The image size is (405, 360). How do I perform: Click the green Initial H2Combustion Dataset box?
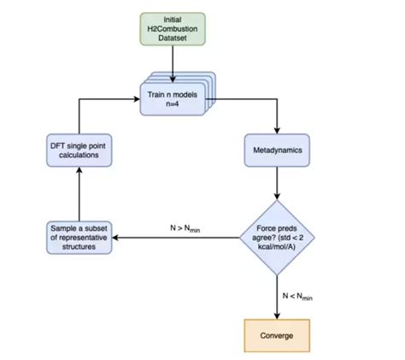[173, 29]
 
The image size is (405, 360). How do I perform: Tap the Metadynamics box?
[277, 150]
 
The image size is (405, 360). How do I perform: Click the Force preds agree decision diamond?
[277, 235]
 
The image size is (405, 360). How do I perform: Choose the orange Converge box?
[277, 335]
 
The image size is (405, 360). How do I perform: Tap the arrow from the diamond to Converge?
[277, 295]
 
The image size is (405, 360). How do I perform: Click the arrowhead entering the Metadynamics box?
[277, 129]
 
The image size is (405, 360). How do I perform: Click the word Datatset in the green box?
[173, 39]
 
